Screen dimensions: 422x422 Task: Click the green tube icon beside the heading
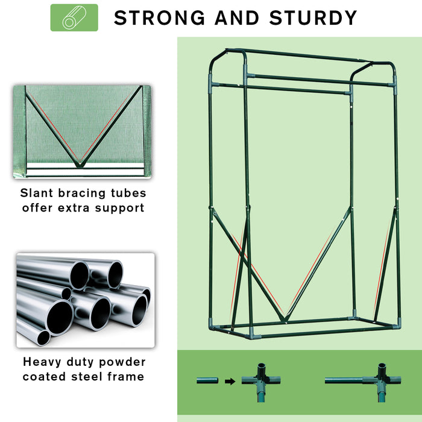coord(74,17)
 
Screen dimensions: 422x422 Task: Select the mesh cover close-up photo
coord(81,131)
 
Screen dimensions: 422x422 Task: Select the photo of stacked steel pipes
coord(85,300)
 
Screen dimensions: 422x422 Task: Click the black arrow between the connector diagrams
coord(230,380)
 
